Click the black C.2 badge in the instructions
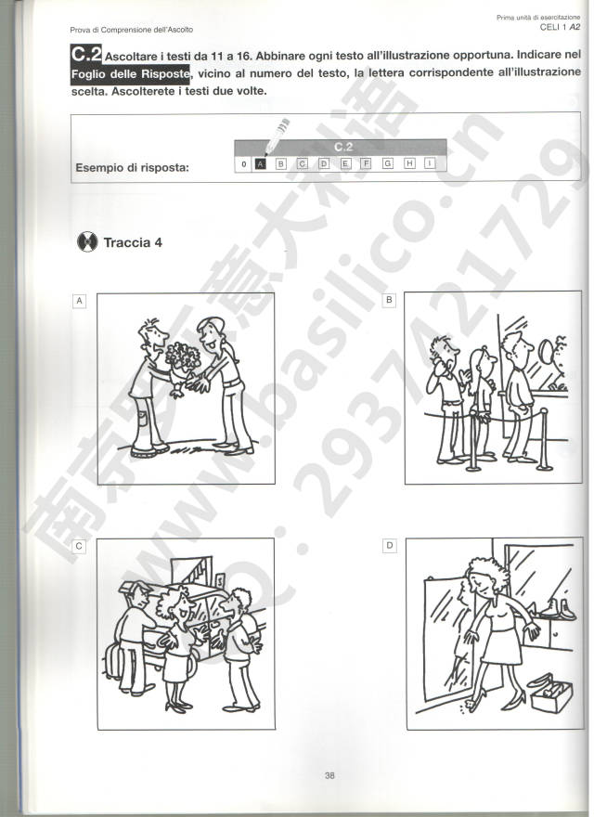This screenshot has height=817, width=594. point(86,54)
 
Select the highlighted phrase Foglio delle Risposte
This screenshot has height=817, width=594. point(130,74)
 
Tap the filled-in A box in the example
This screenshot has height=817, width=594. point(261,164)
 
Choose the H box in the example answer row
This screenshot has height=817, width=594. point(409,163)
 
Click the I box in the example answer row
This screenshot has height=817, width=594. point(430,163)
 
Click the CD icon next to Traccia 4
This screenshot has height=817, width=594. point(87,241)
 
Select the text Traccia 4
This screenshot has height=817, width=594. point(133,242)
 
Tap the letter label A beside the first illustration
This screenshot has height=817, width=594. point(79,301)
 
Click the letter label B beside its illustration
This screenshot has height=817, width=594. point(389,300)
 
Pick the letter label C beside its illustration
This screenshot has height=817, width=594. point(79,546)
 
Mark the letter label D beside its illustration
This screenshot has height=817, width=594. point(389,546)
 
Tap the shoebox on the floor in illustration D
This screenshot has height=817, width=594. point(551,695)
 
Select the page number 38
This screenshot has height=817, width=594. point(329,775)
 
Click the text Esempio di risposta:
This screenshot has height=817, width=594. point(133,168)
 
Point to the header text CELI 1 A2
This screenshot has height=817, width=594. point(561,27)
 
